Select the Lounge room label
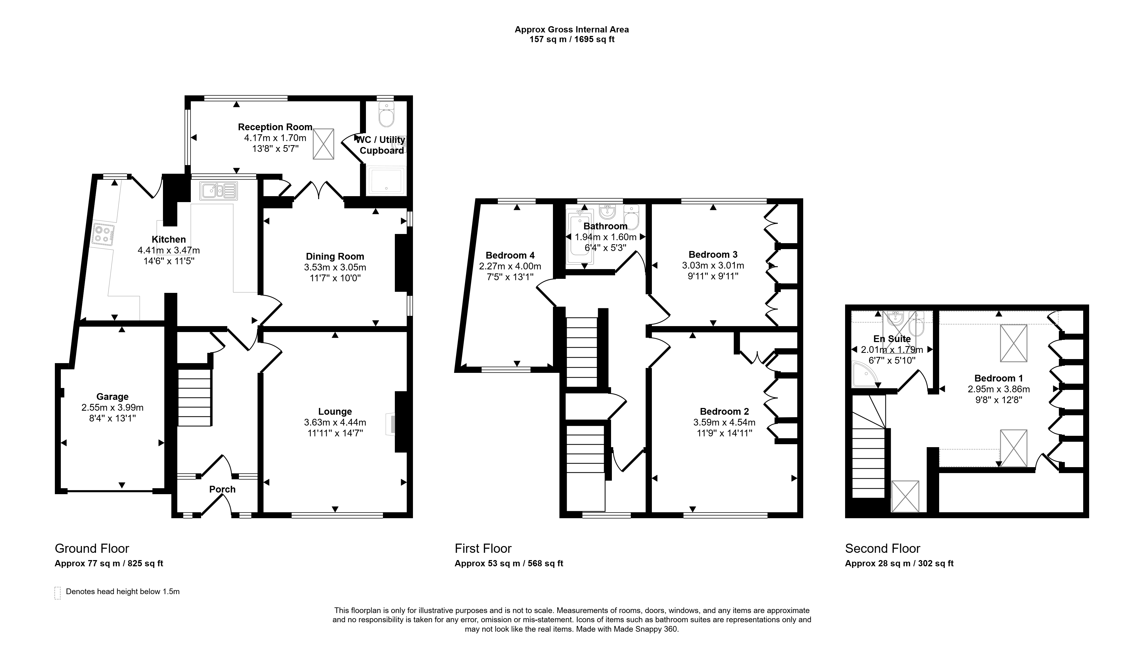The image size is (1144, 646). (x=335, y=411)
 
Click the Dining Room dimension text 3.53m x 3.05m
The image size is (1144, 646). (x=335, y=267)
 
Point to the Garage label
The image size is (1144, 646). (x=112, y=396)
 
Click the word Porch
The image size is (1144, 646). (x=222, y=489)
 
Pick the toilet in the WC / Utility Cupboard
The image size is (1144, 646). (x=386, y=115)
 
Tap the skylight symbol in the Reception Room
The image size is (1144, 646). (x=323, y=144)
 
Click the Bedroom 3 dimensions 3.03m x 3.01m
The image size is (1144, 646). (x=713, y=266)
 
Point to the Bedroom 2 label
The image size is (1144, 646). (x=724, y=411)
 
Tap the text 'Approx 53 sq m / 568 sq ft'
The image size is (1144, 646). (x=509, y=563)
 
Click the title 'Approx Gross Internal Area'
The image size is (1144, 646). (x=572, y=29)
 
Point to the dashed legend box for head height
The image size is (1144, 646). (x=57, y=593)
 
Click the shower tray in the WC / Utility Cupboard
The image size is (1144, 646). (x=386, y=181)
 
